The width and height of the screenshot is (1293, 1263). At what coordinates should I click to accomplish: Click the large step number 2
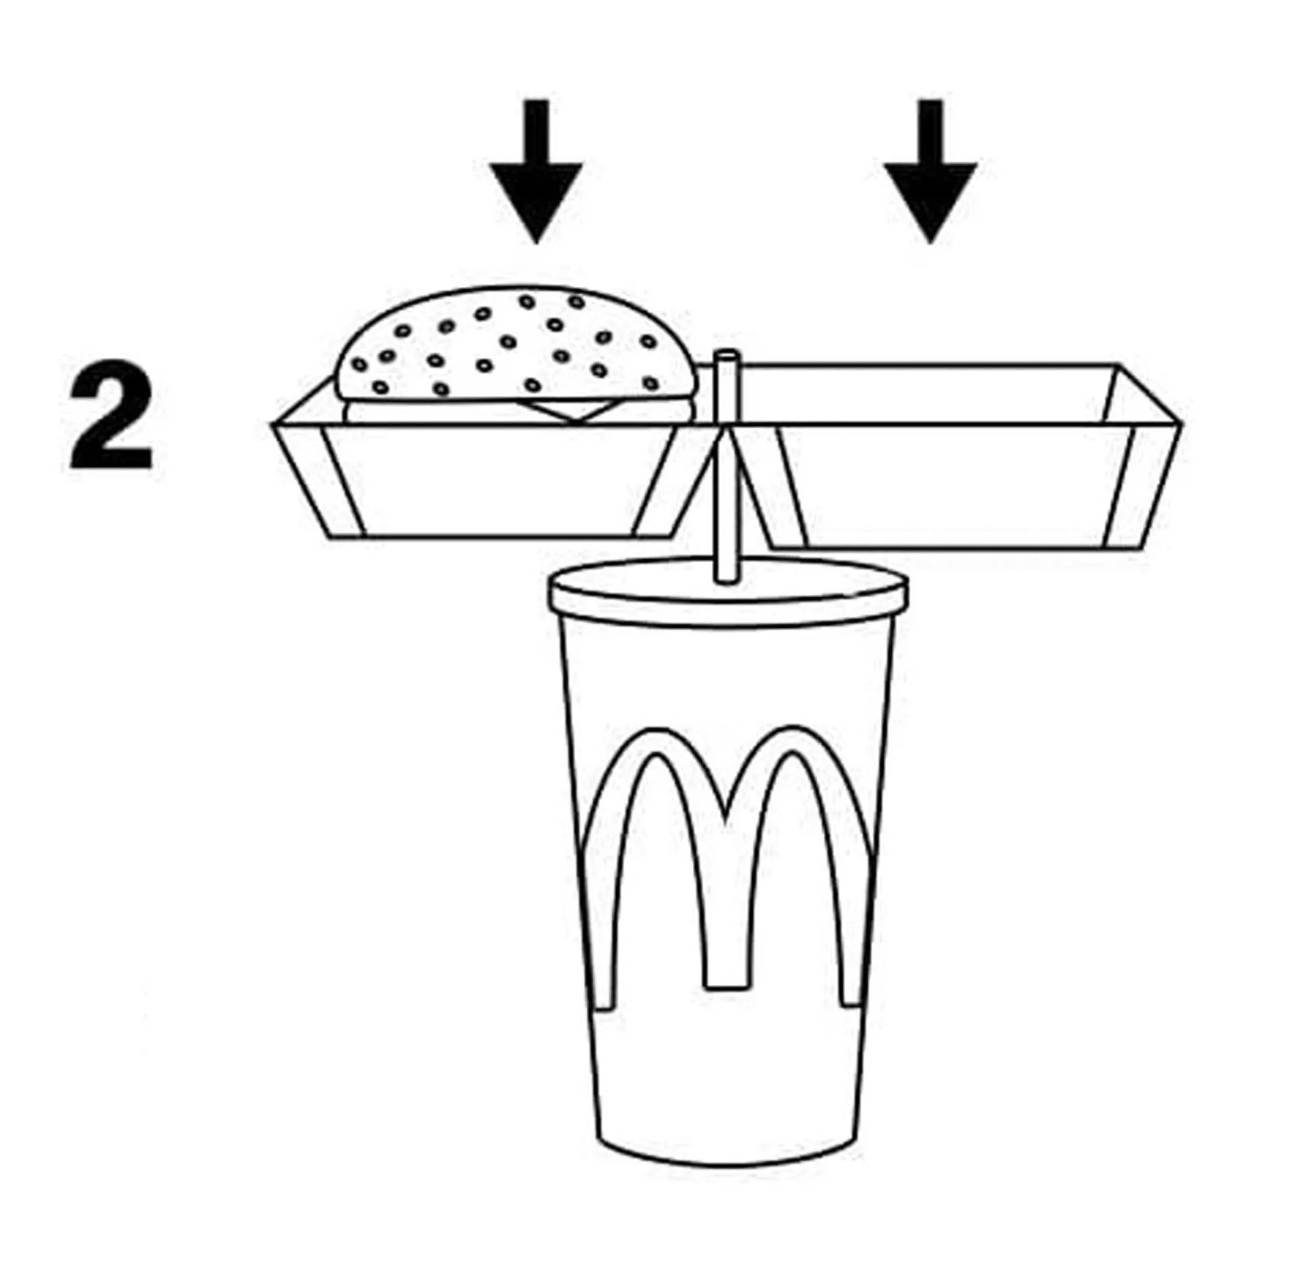pos(111,414)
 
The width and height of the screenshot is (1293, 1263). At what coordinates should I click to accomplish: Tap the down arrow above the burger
pos(536,171)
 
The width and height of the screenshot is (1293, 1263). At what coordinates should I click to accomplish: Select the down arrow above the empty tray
pos(931,171)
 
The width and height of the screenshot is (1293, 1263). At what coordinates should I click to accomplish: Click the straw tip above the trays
pos(726,355)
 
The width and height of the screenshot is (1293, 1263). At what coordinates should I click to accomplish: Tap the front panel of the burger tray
pos(498,480)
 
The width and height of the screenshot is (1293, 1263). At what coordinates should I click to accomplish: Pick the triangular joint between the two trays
pos(726,472)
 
